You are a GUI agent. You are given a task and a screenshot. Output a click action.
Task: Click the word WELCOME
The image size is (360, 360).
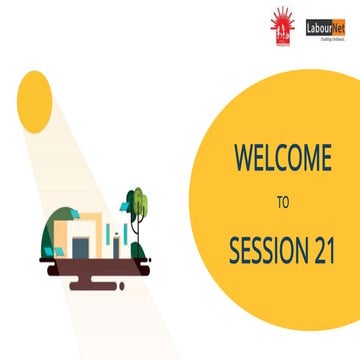click(x=282, y=158)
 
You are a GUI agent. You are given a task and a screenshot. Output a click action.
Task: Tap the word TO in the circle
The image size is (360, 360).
click(x=282, y=201)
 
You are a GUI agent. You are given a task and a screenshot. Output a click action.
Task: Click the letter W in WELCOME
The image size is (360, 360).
click(x=243, y=158)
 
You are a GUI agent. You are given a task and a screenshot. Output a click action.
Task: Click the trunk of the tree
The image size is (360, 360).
click(x=136, y=235)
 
